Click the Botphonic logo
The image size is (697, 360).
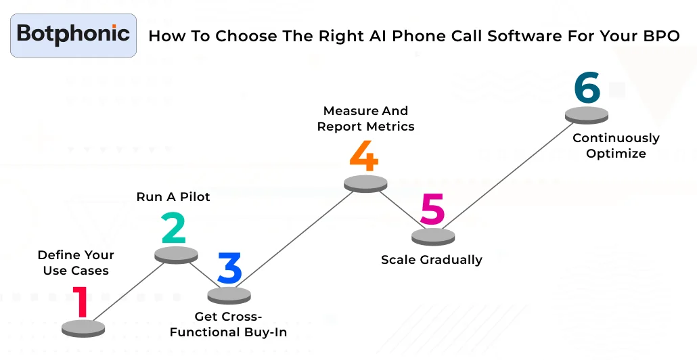(x=73, y=35)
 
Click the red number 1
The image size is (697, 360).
(x=81, y=302)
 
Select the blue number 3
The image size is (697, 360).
(x=229, y=269)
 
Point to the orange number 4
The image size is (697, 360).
(x=363, y=156)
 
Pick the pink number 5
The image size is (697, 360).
(x=432, y=210)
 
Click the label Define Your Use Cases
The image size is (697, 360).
(x=75, y=263)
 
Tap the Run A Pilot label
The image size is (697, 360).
(x=173, y=197)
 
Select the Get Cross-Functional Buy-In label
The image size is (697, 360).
(x=228, y=324)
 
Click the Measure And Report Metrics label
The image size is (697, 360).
(x=365, y=118)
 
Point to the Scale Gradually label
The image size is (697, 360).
(x=431, y=259)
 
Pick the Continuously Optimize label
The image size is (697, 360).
(x=616, y=145)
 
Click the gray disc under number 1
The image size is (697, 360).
(x=83, y=328)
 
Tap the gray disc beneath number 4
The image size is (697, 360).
(x=365, y=183)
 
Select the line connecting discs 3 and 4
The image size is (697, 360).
(x=298, y=238)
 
